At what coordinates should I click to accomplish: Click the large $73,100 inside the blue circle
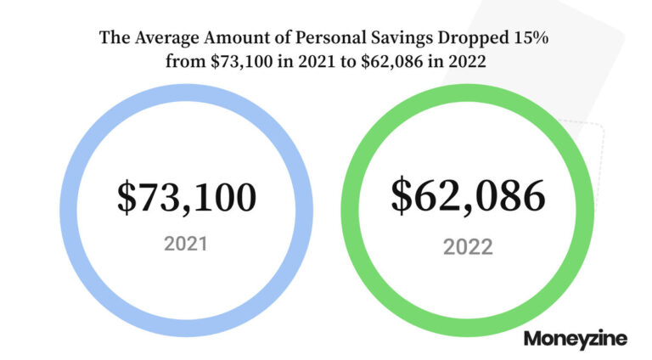(x=186, y=198)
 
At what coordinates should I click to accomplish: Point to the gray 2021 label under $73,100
(x=185, y=244)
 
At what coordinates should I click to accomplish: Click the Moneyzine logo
(x=576, y=338)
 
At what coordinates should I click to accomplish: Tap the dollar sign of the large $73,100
(x=126, y=198)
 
